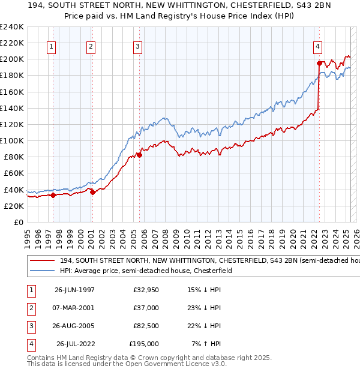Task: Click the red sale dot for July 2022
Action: (319, 62)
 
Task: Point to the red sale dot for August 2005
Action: (139, 154)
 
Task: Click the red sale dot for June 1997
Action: (53, 194)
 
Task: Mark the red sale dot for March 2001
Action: (92, 191)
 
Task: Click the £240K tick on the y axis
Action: (12, 27)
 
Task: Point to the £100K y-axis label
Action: (12, 140)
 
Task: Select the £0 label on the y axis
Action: (18, 222)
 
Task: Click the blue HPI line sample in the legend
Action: (43, 271)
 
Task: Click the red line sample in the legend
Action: (43, 260)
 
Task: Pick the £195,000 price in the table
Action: (144, 344)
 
